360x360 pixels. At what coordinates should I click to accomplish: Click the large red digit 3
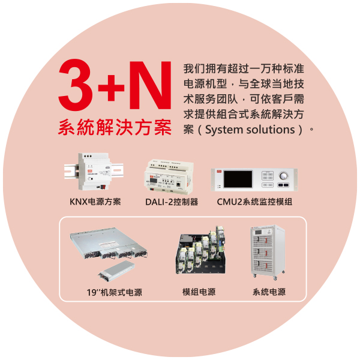[x=76, y=85]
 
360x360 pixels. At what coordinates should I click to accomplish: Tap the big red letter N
[x=151, y=85]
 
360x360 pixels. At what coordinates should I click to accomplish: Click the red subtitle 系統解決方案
[x=115, y=127]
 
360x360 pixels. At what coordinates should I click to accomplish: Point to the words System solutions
[x=250, y=130]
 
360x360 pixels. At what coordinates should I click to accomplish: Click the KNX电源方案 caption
[x=95, y=202]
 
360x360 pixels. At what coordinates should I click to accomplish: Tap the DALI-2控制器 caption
[x=172, y=202]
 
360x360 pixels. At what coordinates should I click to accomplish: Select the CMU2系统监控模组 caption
[x=254, y=202]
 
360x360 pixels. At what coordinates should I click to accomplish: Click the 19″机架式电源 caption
[x=114, y=292]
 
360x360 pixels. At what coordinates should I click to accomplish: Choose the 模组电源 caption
[x=199, y=292]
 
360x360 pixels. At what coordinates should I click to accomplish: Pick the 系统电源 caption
[x=269, y=292]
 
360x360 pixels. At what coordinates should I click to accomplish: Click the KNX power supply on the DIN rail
[x=94, y=171]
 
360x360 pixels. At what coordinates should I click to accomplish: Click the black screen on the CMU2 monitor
[x=238, y=179]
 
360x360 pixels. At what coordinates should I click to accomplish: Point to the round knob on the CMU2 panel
[x=284, y=176]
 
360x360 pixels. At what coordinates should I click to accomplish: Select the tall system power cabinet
[x=268, y=253]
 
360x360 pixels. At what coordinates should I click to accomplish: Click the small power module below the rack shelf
[x=116, y=271]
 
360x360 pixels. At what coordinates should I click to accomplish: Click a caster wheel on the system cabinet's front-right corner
[x=275, y=278]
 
